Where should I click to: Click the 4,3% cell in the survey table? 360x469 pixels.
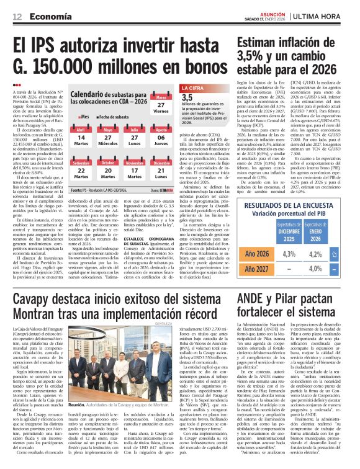pyautogui.click(x=307, y=254)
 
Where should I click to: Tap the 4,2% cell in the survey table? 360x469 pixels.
pyautogui.click(x=333, y=254)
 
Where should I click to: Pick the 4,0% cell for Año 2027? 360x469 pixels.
pyautogui.click(x=333, y=270)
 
